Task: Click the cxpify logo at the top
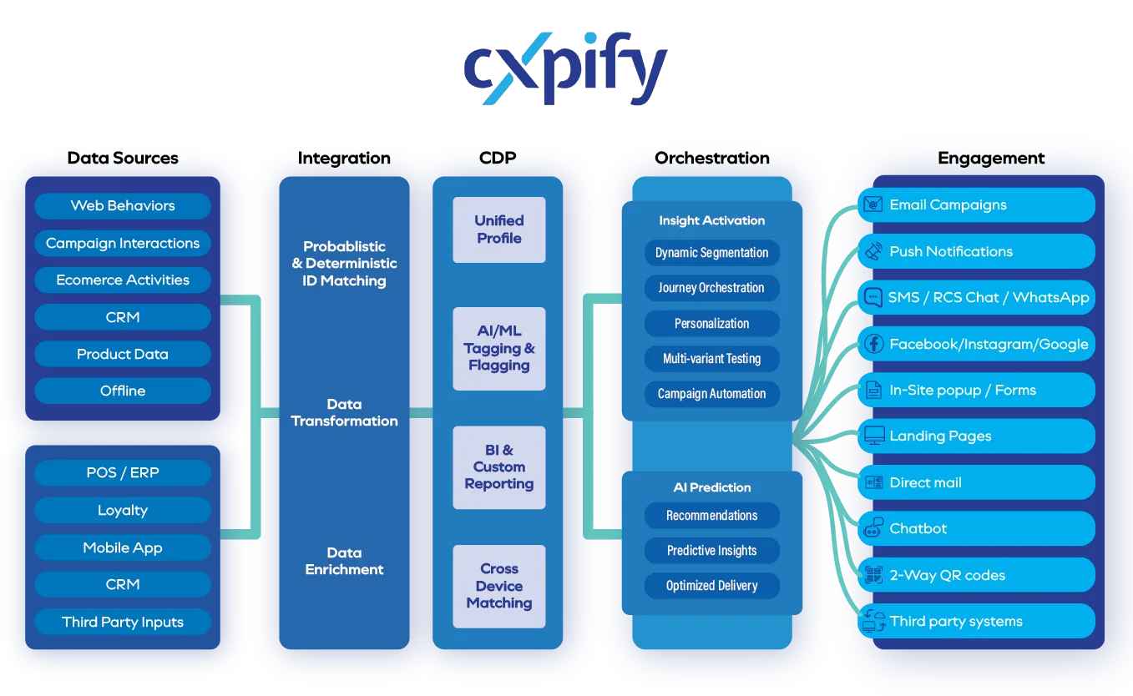(564, 67)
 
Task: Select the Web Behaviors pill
(123, 206)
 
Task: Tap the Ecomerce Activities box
(123, 280)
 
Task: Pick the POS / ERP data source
(123, 473)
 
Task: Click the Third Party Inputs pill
(123, 623)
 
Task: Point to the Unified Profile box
(499, 229)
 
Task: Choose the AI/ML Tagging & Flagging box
(499, 349)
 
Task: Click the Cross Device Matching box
(499, 586)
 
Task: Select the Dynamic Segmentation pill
(712, 253)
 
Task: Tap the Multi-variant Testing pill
(712, 359)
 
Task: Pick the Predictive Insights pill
(712, 551)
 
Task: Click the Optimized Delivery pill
(712, 586)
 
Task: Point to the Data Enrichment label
(345, 562)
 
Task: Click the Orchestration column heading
(712, 158)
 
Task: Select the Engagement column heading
(991, 158)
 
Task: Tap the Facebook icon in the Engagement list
(873, 344)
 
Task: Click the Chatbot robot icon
(873, 528)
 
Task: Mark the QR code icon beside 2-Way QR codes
(873, 575)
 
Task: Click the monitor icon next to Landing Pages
(873, 436)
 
